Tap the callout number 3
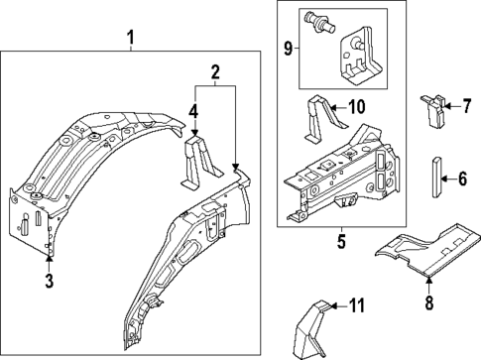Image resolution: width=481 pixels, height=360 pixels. click(x=49, y=283)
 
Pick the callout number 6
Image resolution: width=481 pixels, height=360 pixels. click(x=460, y=179)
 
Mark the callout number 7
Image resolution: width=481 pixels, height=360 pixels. click(x=460, y=105)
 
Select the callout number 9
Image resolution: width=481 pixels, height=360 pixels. click(x=289, y=48)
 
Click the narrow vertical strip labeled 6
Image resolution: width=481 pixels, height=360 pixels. click(x=435, y=178)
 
